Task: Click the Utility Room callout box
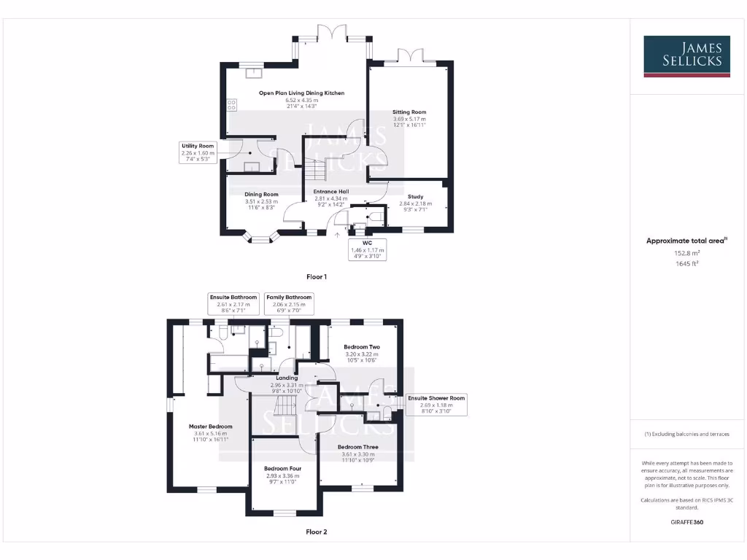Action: [198, 152]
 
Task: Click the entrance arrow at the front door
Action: [337, 235]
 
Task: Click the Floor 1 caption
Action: [317, 277]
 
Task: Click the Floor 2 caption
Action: [317, 532]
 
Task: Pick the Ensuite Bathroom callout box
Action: [233, 303]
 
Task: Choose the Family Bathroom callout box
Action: [289, 303]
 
